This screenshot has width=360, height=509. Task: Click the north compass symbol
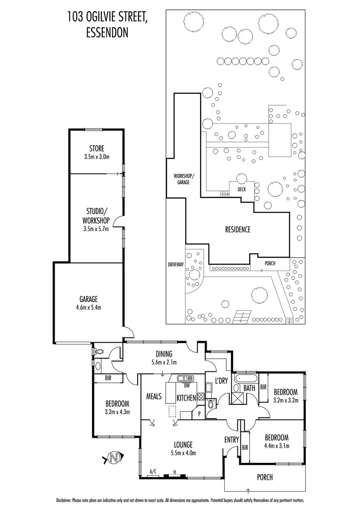[113, 457]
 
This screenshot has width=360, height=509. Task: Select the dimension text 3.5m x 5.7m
[97, 230]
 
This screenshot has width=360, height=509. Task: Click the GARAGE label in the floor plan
[89, 299]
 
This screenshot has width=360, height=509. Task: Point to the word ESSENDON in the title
[108, 33]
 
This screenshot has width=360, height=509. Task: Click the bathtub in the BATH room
[245, 378]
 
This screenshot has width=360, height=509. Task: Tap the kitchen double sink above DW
[186, 378]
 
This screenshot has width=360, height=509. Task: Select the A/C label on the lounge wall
[153, 471]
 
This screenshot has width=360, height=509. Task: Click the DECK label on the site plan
[241, 189]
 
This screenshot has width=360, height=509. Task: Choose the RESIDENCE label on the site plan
[237, 230]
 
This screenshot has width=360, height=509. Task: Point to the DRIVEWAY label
[175, 264]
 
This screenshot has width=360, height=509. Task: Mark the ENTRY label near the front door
[231, 440]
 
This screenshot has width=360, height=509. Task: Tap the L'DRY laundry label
[221, 380]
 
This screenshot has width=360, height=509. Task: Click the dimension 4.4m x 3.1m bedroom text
[276, 445]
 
